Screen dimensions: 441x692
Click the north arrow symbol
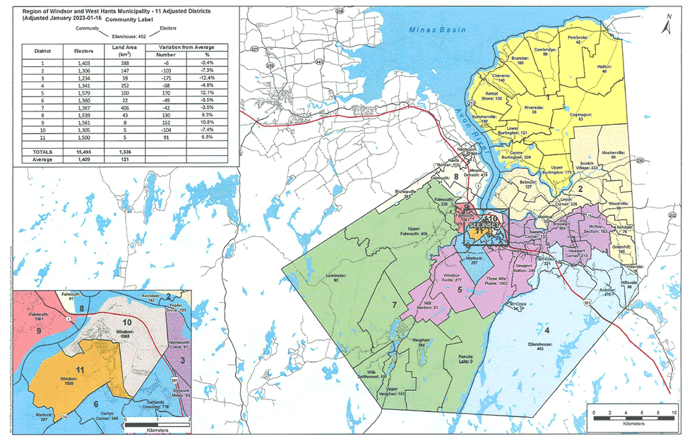click(x=667, y=26)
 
